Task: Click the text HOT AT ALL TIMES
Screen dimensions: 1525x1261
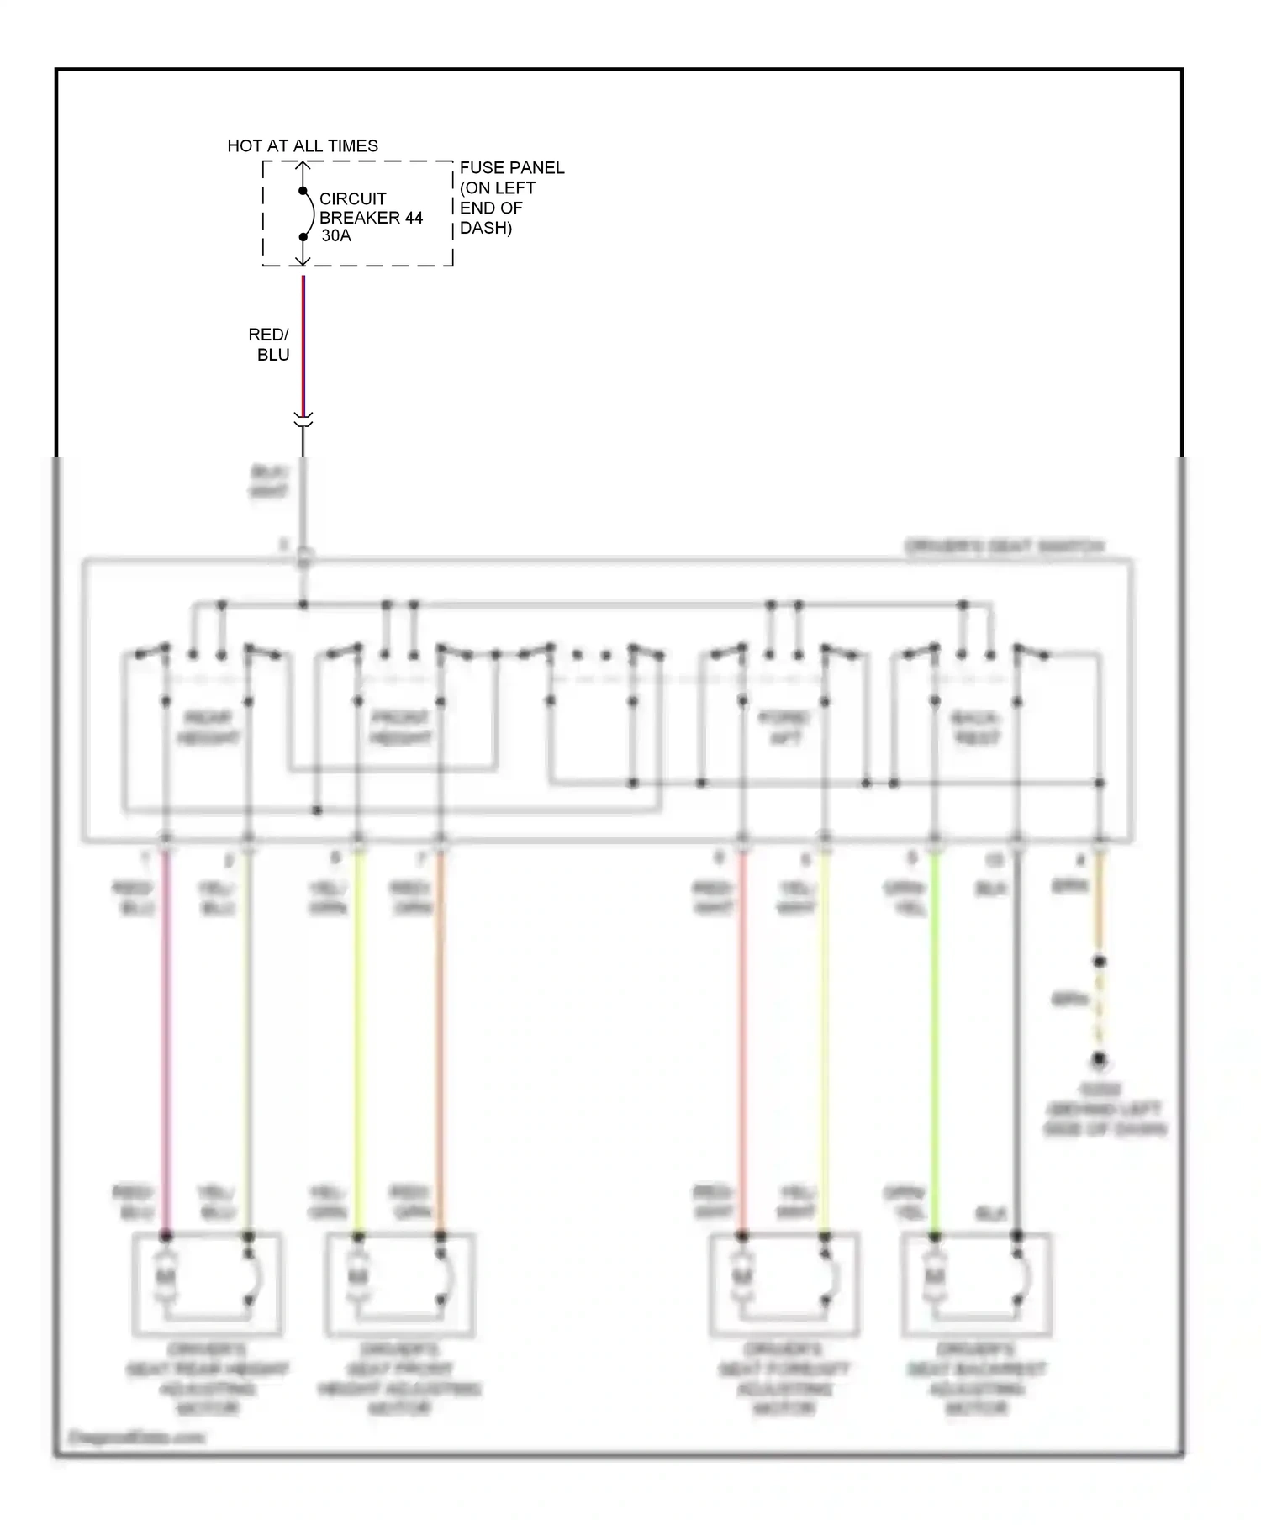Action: tap(303, 146)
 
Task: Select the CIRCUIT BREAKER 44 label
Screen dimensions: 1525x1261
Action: tap(371, 208)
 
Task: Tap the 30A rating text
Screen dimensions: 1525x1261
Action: tap(336, 236)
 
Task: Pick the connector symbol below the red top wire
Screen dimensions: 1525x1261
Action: tap(303, 419)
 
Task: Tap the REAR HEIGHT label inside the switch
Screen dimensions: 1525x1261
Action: tap(207, 728)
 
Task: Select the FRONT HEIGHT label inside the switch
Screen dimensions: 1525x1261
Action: tap(400, 728)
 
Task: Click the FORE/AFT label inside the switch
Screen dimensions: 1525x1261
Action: tap(784, 728)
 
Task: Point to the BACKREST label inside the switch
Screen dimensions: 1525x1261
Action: tap(975, 728)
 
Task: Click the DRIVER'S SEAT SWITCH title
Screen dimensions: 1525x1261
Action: tap(1004, 547)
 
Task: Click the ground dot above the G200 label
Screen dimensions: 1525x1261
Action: tap(1098, 1060)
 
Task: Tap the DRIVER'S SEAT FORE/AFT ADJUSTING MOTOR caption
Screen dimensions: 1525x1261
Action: tap(784, 1378)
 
